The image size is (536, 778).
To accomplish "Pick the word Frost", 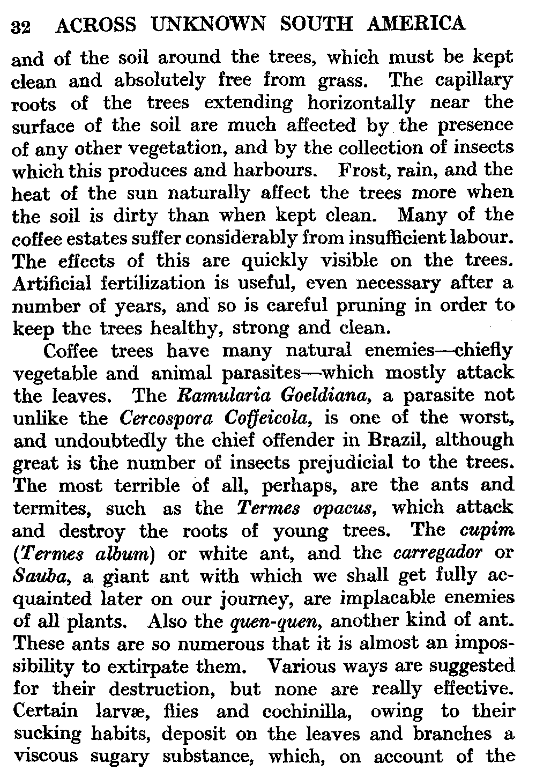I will [x=360, y=170].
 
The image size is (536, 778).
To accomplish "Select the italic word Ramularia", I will [x=218, y=396].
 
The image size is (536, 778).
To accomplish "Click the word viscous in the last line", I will [x=47, y=757].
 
